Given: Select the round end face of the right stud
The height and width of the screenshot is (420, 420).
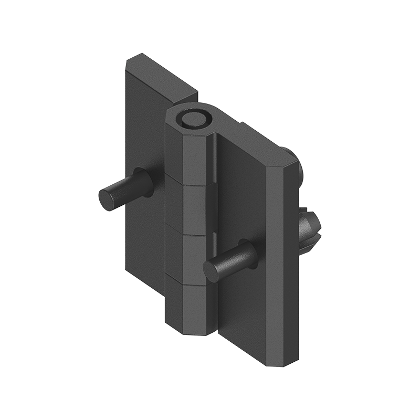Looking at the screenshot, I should [213, 269].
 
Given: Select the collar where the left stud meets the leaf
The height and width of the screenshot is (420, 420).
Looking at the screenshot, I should [143, 181].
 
